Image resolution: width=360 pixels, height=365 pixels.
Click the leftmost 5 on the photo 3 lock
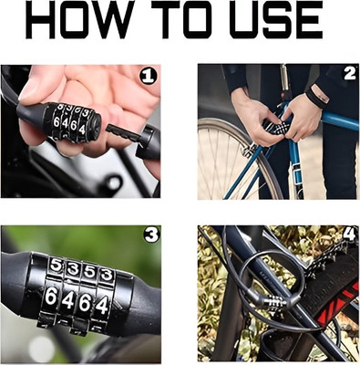pos(57,266)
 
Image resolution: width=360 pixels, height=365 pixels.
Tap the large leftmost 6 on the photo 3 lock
pos(52,297)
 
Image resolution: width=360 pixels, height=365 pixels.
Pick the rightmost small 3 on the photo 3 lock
pos(108,273)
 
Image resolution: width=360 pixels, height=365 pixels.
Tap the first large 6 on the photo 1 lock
pos(57,119)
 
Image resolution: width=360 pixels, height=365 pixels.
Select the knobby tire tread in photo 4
pos(324,265)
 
